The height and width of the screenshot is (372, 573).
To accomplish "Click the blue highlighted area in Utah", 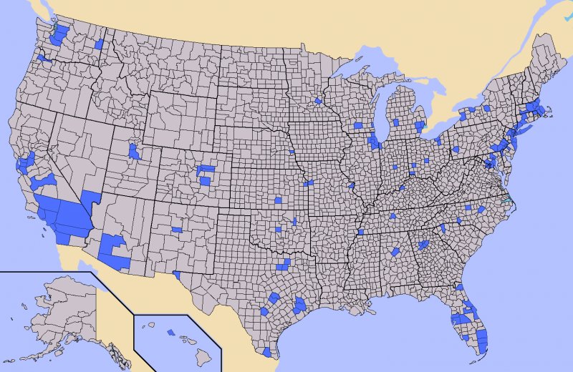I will tap(133, 151).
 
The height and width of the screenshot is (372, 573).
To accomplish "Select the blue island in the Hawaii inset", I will tap(170, 332).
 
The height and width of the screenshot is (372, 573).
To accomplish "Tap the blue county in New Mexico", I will tap(177, 230).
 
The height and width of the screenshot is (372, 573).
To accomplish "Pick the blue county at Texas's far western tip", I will tap(176, 274).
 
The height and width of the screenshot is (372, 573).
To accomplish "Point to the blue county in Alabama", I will tap(395, 252).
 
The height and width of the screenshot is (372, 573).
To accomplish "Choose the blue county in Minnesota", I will tap(318, 101).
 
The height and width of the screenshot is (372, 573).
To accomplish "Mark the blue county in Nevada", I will tap(91, 197).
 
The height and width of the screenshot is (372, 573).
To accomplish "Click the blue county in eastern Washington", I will tap(99, 44).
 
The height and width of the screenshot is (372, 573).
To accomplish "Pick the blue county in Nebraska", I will tap(292, 152).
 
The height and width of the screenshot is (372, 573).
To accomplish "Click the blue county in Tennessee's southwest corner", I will tap(360, 232).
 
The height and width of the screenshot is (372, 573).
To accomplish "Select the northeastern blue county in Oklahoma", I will tap(294, 220).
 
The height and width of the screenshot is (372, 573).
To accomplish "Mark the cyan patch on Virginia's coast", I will tap(507, 200).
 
